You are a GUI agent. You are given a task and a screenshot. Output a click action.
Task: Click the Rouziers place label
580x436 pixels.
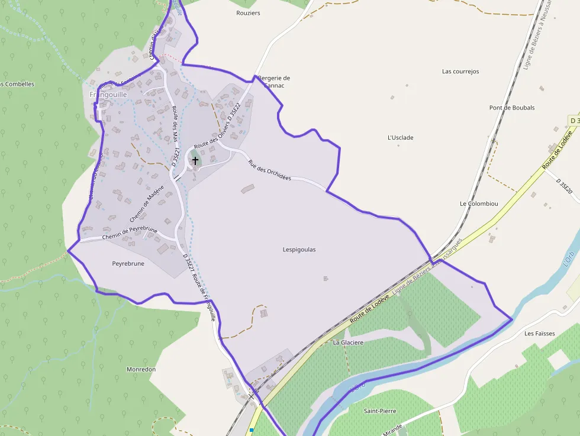pyautogui.click(x=248, y=12)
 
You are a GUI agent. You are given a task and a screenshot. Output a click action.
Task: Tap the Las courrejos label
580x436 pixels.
pyautogui.click(x=460, y=72)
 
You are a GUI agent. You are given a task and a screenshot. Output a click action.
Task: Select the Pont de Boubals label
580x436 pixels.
pyautogui.click(x=512, y=108)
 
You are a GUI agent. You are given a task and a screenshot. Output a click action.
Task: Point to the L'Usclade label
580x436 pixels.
pyautogui.click(x=400, y=138)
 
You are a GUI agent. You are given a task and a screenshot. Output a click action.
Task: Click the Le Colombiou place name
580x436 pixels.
pyautogui.click(x=479, y=204)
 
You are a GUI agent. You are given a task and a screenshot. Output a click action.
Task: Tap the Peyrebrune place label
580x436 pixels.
pyautogui.click(x=128, y=264)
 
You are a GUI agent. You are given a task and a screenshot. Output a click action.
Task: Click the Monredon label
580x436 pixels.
pyautogui.click(x=141, y=369)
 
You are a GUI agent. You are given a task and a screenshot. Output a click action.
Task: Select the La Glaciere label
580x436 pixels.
pyautogui.click(x=348, y=343)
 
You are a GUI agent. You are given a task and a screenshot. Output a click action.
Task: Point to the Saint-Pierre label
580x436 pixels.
pyautogui.click(x=380, y=411)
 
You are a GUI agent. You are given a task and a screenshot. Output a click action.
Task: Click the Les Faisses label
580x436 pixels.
pyautogui.click(x=540, y=334)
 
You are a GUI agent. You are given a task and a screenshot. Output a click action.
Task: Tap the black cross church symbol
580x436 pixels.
pyautogui.click(x=195, y=160)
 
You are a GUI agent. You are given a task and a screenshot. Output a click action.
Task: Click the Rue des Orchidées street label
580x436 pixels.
pyautogui.click(x=269, y=170)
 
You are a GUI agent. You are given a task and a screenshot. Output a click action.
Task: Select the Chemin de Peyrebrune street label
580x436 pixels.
pyautogui.click(x=130, y=233)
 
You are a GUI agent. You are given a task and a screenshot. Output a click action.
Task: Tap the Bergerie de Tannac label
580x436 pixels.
pyautogui.click(x=273, y=82)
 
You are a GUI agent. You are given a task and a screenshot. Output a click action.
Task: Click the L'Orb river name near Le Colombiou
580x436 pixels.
pyautogui.click(x=568, y=261)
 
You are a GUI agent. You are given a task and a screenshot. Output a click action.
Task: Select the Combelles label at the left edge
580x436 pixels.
pyautogui.click(x=18, y=84)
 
